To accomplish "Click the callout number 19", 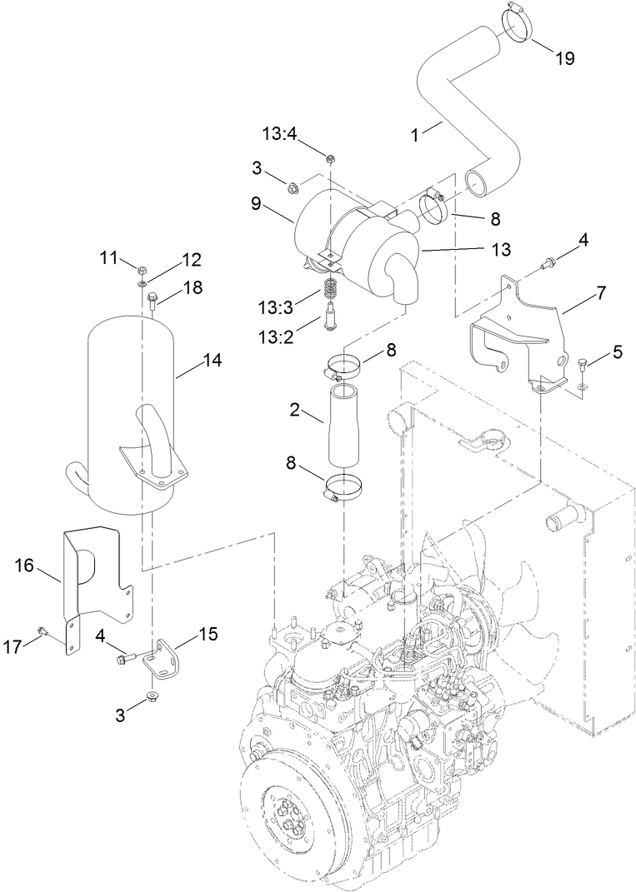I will click(x=565, y=58).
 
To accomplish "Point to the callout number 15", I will click(x=208, y=634).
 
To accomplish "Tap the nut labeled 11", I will click(x=142, y=270).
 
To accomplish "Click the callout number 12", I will click(x=191, y=259).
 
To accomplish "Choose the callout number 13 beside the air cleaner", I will click(x=501, y=248).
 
